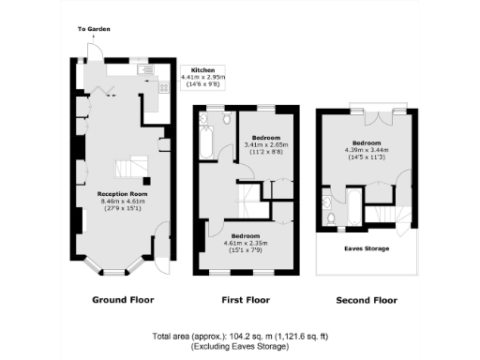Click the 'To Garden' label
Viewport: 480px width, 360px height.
click(x=91, y=29)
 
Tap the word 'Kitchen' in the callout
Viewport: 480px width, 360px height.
click(x=204, y=70)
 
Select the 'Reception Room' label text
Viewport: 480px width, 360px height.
click(x=122, y=193)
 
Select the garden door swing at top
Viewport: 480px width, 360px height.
click(x=94, y=51)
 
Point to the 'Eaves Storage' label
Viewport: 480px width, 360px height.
click(x=367, y=247)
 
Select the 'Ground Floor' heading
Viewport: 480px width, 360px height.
click(x=122, y=301)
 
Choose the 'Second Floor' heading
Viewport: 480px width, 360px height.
click(x=366, y=301)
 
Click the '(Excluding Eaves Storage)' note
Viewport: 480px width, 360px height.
click(x=243, y=347)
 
